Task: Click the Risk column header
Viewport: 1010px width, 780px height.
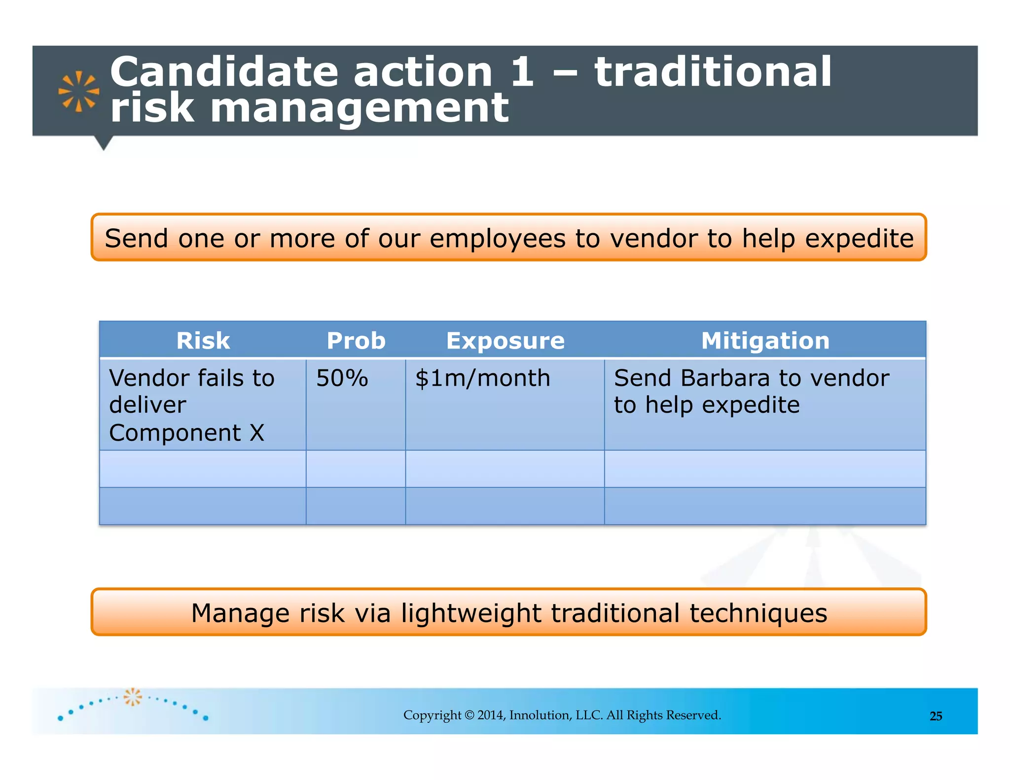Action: coord(203,341)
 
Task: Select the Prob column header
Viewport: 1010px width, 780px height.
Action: coord(356,341)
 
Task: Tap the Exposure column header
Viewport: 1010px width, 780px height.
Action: coord(505,341)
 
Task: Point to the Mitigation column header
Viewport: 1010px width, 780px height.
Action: coord(765,341)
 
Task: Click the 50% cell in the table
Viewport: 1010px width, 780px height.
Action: coord(342,379)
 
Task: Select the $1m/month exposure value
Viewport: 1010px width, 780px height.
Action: coord(482,379)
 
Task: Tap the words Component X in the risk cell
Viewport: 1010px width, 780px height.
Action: coord(186,433)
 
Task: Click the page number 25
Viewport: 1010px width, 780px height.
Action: coord(936,716)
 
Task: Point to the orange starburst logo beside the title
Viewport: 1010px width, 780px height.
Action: coord(78,91)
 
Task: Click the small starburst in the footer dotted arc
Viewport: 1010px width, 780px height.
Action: coord(132,697)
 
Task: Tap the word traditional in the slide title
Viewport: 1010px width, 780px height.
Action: coord(713,72)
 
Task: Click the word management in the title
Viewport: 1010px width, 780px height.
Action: coord(359,108)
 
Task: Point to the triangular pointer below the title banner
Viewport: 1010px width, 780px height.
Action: coord(104,142)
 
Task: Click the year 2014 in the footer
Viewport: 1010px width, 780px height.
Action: coord(491,715)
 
